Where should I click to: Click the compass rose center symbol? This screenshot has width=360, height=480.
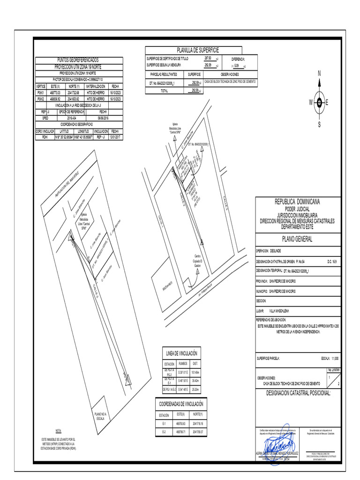(x=319, y=103)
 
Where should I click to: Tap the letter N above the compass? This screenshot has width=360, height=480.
(x=319, y=74)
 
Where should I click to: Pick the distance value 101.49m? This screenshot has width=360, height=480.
(x=195, y=372)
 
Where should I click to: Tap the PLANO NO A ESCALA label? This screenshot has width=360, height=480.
(x=100, y=416)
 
